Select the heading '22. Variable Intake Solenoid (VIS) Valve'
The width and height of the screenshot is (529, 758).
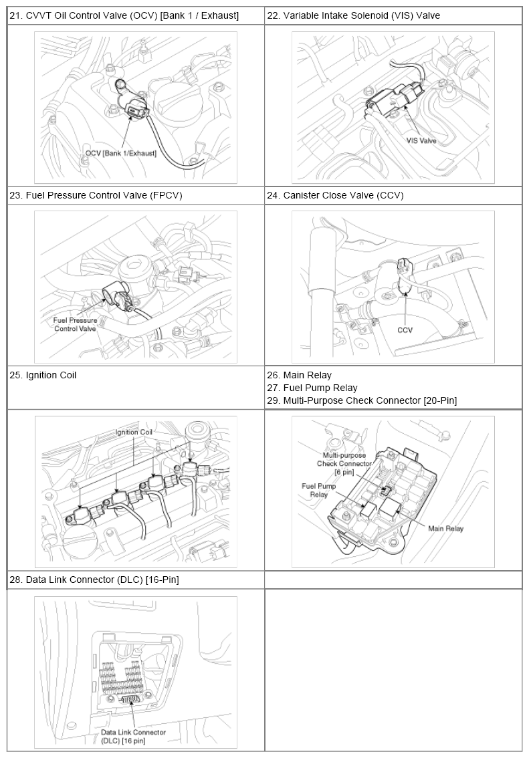354,15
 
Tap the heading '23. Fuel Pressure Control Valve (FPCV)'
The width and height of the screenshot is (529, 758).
96,195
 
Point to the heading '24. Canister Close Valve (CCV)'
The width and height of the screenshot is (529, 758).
335,195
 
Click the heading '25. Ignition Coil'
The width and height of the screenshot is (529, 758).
43,375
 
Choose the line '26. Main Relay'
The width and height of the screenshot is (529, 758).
300,375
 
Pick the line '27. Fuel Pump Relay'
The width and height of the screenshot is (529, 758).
312,388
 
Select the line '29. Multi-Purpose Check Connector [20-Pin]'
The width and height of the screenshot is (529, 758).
362,400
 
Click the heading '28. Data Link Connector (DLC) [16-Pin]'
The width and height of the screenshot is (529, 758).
94,579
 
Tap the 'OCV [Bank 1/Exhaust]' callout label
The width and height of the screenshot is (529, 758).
121,153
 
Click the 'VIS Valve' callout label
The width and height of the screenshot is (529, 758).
421,140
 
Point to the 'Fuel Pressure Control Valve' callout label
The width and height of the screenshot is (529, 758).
76,324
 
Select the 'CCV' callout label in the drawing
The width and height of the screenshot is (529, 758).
405,330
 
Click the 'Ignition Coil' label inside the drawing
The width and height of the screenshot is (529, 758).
134,432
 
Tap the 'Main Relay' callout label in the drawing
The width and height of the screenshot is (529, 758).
445,528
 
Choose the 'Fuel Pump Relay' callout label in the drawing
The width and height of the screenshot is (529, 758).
318,490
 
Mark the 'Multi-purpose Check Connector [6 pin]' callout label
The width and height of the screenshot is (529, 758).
344,464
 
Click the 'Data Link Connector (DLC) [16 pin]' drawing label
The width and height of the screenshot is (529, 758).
133,736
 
